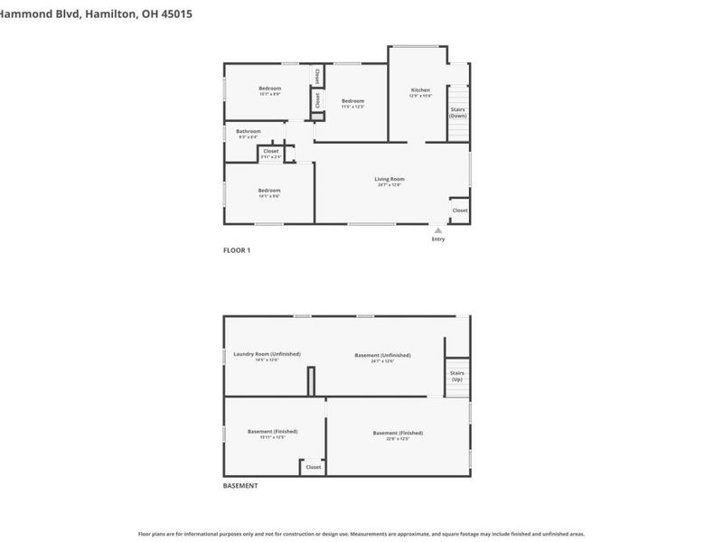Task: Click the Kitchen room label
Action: tap(421, 90)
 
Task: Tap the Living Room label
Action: tap(390, 179)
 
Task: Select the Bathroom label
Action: tap(249, 132)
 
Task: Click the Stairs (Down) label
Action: tap(458, 113)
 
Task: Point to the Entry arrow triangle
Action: tap(438, 230)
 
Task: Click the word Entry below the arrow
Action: tap(438, 239)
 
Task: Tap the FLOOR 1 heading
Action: tap(237, 250)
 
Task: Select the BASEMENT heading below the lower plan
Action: tap(240, 486)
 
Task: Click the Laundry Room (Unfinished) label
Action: tap(267, 354)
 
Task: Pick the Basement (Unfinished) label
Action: tap(382, 355)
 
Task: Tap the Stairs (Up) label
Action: tap(456, 376)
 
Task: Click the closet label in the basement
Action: tap(314, 467)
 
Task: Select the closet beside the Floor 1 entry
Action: tap(460, 210)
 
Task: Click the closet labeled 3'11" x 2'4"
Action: tap(271, 152)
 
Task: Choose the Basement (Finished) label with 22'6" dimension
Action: tap(398, 433)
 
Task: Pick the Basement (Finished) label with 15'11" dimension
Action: tap(272, 431)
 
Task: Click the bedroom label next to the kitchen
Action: tap(352, 100)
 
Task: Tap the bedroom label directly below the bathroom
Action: tap(269, 190)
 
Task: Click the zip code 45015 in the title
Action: tap(172, 14)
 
